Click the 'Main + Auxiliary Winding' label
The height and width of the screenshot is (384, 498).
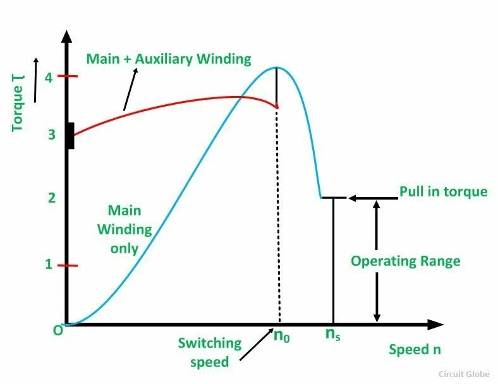[x=169, y=59]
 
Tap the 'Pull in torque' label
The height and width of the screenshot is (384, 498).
[x=443, y=191]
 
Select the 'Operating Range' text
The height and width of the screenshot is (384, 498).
[x=405, y=261]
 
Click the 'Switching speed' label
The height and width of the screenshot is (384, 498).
[x=209, y=352]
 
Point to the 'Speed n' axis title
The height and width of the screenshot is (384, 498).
[x=415, y=349]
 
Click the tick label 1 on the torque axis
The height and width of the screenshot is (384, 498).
[x=49, y=265]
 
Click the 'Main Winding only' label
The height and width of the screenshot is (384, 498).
[x=124, y=229]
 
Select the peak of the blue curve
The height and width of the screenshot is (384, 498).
[x=276, y=68]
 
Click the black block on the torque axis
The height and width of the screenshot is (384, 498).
[x=70, y=136]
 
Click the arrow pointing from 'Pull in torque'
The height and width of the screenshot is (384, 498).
[x=373, y=198]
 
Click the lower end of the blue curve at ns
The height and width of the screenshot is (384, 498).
[x=321, y=198]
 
